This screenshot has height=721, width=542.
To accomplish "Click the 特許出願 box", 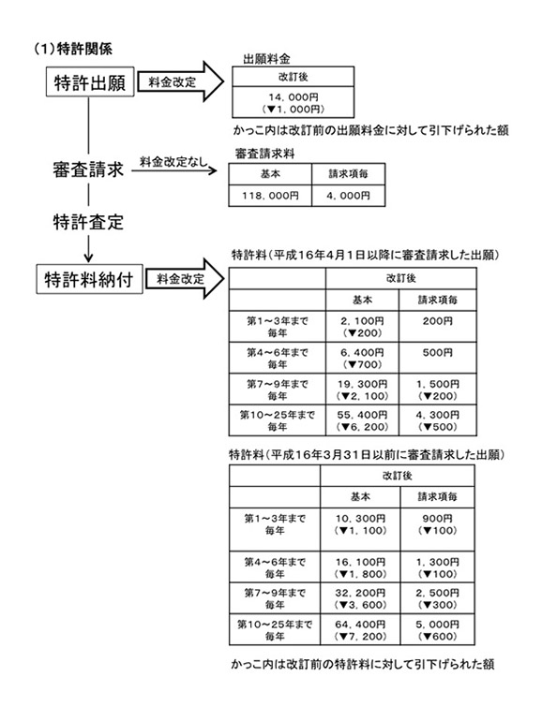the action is pyautogui.click(x=90, y=81).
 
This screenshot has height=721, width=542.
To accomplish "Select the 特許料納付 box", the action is pyautogui.click(x=89, y=279).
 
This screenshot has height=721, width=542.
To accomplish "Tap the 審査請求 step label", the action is pyautogui.click(x=88, y=169).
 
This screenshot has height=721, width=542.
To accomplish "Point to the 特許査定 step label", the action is pyautogui.click(x=88, y=222).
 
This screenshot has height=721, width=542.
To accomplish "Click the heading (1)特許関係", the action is pyautogui.click(x=73, y=49).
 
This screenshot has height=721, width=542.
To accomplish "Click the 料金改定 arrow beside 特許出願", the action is pyautogui.click(x=181, y=81).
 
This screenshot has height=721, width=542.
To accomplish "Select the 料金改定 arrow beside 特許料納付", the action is pyautogui.click(x=185, y=279).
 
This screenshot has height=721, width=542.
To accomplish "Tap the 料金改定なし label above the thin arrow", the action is pyautogui.click(x=173, y=161).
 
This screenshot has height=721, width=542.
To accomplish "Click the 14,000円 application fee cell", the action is pyautogui.click(x=293, y=103).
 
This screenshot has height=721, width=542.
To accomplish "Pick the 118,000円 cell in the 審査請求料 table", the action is pyautogui.click(x=270, y=196).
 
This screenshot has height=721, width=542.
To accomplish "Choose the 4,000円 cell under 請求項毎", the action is pyautogui.click(x=348, y=196).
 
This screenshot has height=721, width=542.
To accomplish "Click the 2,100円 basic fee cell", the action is pyautogui.click(x=362, y=327).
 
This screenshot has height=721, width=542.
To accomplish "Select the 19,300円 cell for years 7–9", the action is pyautogui.click(x=362, y=390).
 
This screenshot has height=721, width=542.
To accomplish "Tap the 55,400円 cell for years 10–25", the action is pyautogui.click(x=362, y=420).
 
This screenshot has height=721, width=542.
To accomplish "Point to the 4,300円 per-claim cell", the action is pyautogui.click(x=438, y=420).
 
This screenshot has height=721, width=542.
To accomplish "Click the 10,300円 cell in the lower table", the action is pyautogui.click(x=360, y=529).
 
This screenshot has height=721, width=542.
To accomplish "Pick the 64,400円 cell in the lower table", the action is pyautogui.click(x=360, y=630).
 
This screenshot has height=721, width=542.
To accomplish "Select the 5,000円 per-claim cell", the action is pyautogui.click(x=438, y=630).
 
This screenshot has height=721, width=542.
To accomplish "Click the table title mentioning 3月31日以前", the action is pyautogui.click(x=367, y=455).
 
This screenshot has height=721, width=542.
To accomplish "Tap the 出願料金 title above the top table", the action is pyautogui.click(x=266, y=59).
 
